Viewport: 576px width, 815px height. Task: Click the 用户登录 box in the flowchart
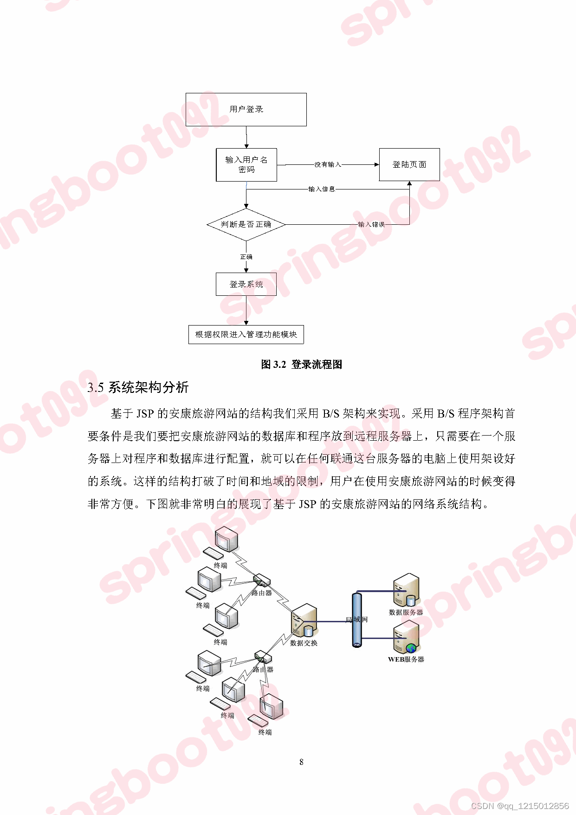[246, 110]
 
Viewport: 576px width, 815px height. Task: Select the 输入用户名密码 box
[246, 165]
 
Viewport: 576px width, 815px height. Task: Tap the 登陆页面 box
[409, 165]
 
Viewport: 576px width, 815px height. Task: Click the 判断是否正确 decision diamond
[246, 225]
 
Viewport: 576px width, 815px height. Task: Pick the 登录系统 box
[246, 284]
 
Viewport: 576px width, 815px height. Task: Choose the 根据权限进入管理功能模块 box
[246, 334]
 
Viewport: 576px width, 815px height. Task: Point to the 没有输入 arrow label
[328, 164]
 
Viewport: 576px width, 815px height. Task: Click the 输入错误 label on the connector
[371, 225]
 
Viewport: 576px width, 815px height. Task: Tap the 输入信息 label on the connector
[322, 189]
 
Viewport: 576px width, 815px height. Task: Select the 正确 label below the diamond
[246, 257]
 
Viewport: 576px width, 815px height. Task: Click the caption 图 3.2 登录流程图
[301, 365]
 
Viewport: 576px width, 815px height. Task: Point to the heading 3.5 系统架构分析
[138, 387]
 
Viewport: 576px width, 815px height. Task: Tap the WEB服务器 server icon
[406, 638]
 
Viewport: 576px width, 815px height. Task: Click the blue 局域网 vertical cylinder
[356, 619]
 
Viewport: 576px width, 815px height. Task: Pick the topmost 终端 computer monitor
[227, 540]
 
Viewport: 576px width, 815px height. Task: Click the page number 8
[301, 762]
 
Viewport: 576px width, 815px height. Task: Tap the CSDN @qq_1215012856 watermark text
[519, 806]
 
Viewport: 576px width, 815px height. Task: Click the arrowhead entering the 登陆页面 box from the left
[376, 164]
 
